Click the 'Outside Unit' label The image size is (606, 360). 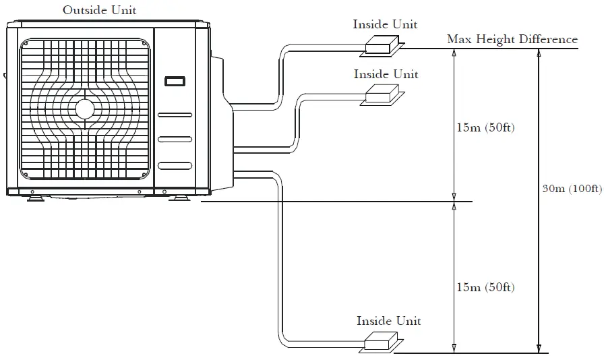99,10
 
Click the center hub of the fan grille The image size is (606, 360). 84,109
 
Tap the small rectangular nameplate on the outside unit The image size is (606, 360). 174,82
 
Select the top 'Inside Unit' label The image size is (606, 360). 385,24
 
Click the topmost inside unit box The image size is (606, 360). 382,46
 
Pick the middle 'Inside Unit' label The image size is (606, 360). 386,73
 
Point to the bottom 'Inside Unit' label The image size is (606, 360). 388,321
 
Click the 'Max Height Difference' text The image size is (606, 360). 512,39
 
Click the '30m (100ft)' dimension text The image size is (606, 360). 572,188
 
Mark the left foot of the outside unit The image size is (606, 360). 34,198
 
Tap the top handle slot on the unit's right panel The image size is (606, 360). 174,116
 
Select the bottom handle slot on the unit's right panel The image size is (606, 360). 174,166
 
